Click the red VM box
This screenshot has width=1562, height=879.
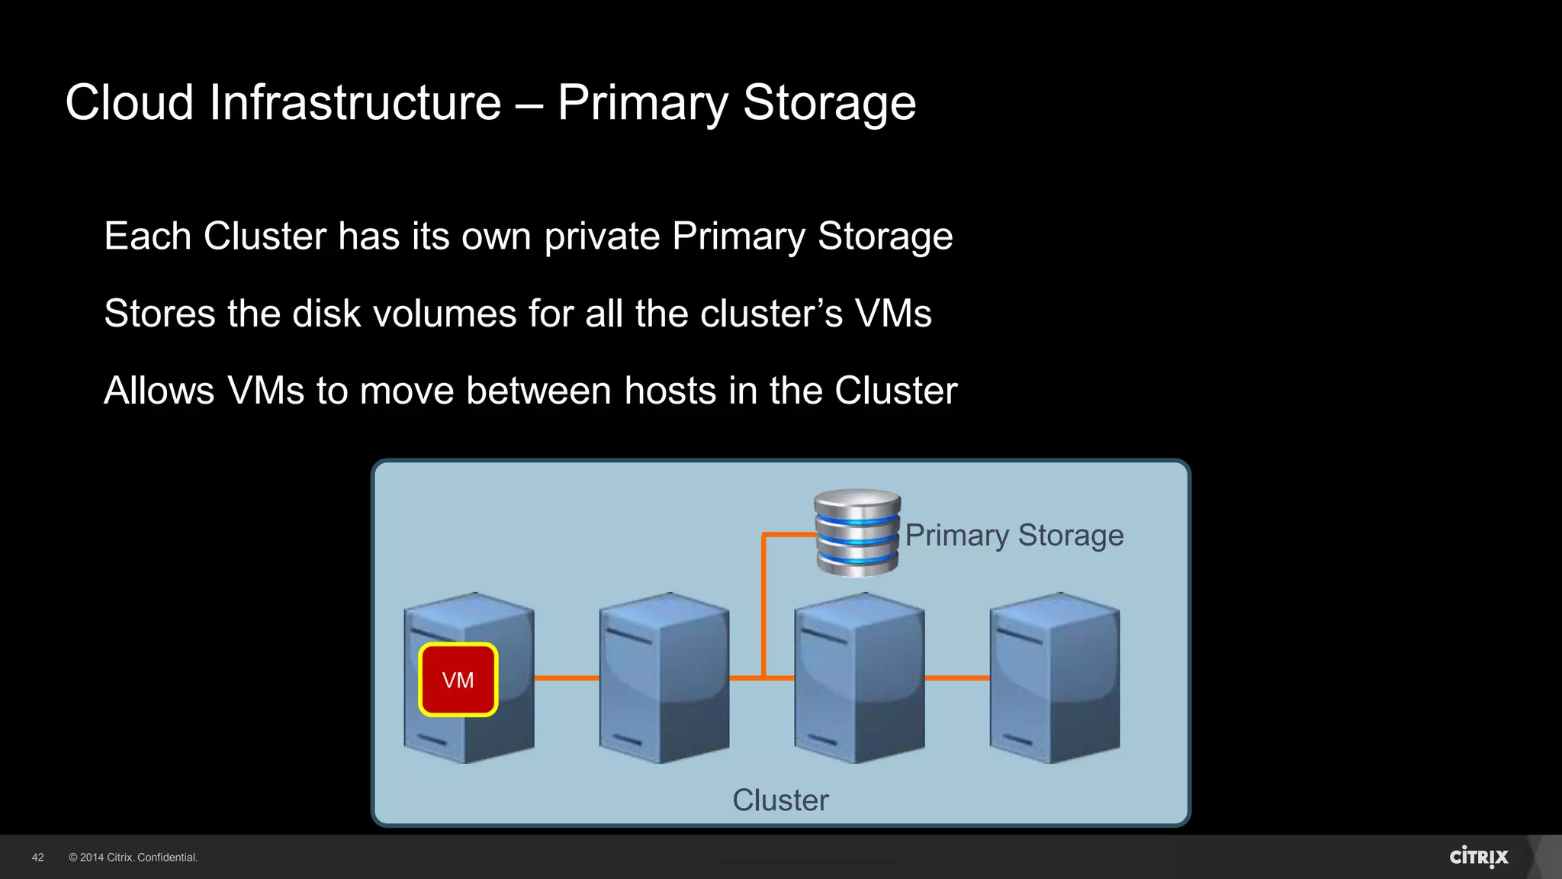pos(458,680)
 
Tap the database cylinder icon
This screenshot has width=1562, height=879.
pos(857,533)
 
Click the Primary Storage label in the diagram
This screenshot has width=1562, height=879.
pos(1014,535)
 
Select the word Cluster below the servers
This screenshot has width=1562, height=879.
pos(780,800)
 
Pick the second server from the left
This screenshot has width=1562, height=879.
pos(664,678)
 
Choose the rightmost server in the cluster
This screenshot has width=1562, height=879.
pos(1054,678)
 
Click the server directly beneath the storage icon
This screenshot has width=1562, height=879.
pos(859,678)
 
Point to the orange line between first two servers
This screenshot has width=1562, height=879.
pos(566,678)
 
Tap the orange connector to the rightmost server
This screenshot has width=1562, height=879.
pos(956,678)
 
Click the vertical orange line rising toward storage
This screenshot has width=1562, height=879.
pos(763,603)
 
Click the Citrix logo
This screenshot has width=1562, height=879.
pos(1478,857)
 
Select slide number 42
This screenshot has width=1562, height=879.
pos(38,858)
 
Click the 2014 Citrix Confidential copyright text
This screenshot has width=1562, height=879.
pos(133,858)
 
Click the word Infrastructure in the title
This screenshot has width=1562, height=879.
pos(355,102)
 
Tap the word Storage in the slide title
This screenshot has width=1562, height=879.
pos(829,102)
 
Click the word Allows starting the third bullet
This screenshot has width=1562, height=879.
pos(159,391)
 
